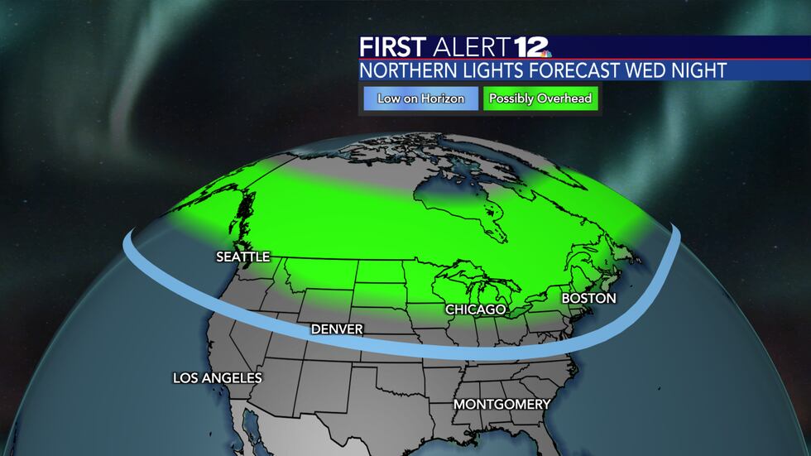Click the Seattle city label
[x=242, y=257]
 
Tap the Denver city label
[x=337, y=329]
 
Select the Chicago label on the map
[x=475, y=309]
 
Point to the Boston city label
[x=588, y=297]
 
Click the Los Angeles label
[x=217, y=378]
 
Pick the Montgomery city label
[x=501, y=405]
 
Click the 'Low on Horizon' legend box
[x=420, y=98]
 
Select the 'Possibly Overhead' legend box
[x=540, y=98]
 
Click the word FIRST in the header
[x=393, y=47]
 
